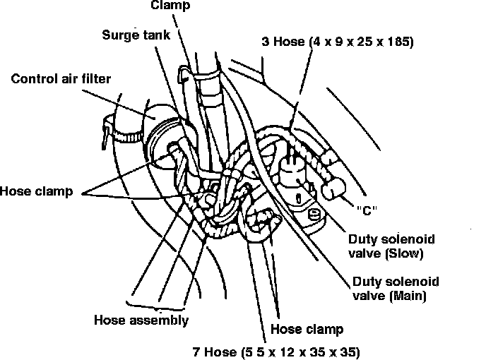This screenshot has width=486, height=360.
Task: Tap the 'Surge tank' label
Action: tap(136, 35)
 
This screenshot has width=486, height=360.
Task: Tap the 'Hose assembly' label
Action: tap(141, 320)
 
